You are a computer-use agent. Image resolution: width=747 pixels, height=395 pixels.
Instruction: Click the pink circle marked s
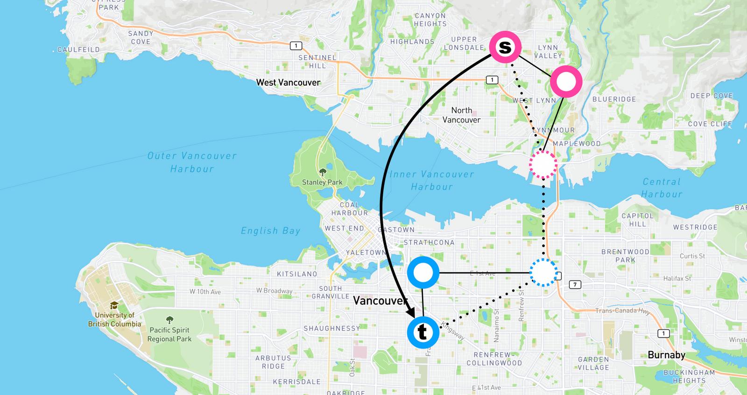tap(505, 47)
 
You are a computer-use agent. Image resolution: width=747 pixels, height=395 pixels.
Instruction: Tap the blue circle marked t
tap(423, 332)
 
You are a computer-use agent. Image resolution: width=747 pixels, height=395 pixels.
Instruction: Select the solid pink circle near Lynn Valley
tap(566, 82)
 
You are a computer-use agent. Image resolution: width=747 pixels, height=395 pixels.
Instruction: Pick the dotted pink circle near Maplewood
tap(543, 164)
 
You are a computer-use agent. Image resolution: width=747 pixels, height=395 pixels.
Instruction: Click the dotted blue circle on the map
tap(543, 272)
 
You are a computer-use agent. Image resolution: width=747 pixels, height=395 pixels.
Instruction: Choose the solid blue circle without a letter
tap(423, 273)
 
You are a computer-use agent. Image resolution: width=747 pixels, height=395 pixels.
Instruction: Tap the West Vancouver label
tap(288, 82)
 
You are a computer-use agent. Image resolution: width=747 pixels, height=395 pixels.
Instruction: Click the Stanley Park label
tap(322, 182)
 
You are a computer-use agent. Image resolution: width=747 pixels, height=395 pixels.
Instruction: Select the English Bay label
tap(270, 230)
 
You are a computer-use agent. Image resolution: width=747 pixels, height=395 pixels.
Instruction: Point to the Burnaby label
tap(666, 355)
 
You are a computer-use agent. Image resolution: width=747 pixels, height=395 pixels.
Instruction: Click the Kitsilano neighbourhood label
tap(297, 274)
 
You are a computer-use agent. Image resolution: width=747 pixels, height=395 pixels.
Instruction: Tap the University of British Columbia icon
tap(114, 306)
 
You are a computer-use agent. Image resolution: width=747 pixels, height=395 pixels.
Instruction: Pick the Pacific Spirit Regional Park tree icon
tap(169, 320)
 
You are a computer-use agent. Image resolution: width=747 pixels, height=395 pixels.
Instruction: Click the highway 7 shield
tap(575, 284)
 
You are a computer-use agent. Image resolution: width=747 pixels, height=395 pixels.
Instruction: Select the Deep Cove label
tap(712, 96)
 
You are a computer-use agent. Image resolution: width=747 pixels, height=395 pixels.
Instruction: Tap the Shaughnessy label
tap(332, 328)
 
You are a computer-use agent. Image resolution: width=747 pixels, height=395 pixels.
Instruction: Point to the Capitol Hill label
tap(637, 220)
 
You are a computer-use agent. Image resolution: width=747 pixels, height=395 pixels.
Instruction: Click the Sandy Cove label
tap(141, 37)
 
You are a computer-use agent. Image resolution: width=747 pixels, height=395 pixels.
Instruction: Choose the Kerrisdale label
tap(296, 381)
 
